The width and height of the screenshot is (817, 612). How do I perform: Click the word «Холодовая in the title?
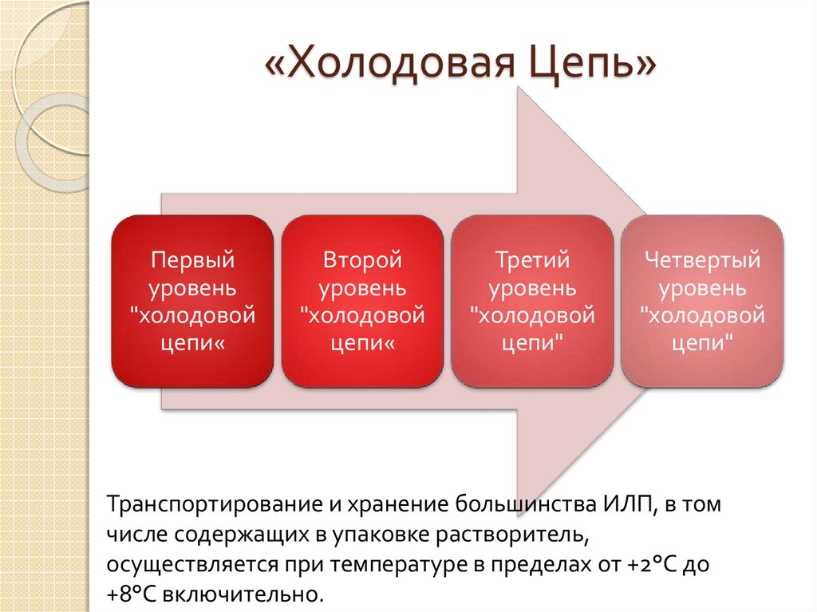pos(390,62)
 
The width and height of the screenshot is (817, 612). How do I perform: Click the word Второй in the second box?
pos(362,260)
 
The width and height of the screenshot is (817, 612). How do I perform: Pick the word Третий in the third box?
pos(532,260)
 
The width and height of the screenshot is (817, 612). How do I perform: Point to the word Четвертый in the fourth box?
pos(702,260)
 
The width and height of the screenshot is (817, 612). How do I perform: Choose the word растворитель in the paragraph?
pos(511,535)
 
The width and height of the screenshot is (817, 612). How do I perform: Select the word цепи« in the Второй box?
pos(362,343)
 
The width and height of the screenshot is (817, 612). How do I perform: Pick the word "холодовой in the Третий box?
pos(532,315)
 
